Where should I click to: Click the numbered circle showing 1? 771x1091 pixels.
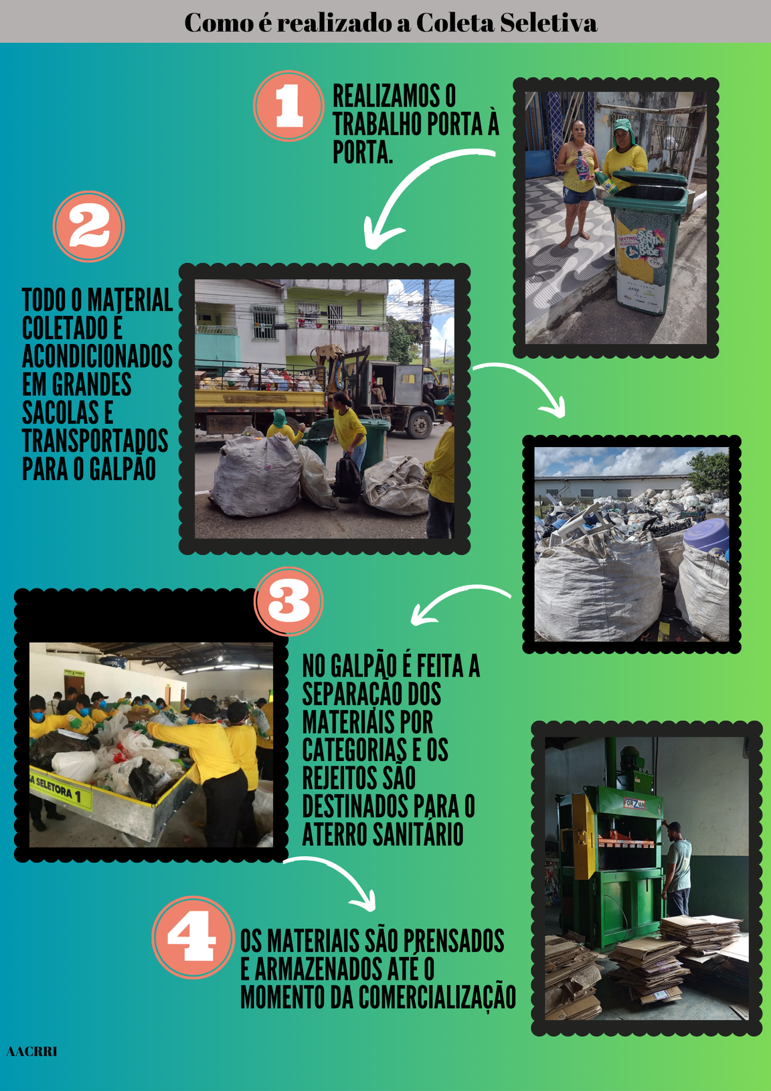point(288,106)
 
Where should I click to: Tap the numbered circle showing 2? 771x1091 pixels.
point(88,226)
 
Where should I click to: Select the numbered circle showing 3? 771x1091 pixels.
point(288,601)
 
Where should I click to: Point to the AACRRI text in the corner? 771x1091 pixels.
point(31,1052)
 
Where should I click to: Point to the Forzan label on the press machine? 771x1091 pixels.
point(634,803)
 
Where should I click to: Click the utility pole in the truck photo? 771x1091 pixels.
point(426,324)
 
